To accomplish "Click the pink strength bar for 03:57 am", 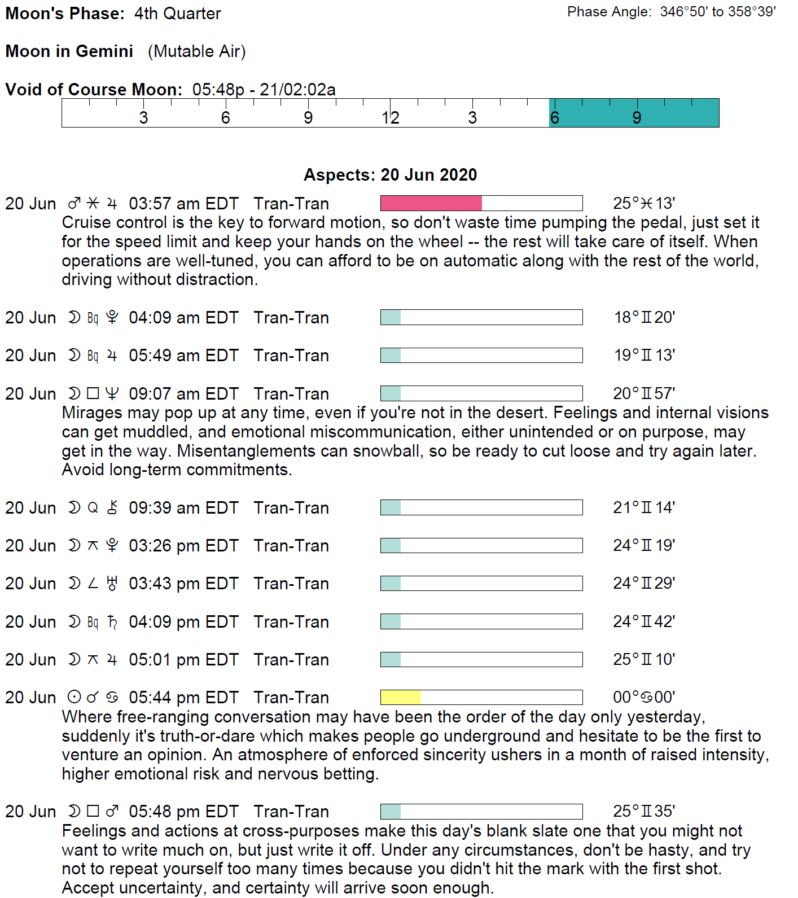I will (431, 203).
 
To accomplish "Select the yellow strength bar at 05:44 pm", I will (401, 698).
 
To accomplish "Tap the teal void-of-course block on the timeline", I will (634, 113).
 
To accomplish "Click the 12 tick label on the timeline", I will (390, 118).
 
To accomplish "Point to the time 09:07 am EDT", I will (183, 394).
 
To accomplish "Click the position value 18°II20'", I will (644, 318).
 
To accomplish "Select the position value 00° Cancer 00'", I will (644, 698).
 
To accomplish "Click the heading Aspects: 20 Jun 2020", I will (390, 175).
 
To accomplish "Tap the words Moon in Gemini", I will (69, 51).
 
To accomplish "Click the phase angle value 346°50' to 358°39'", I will (718, 12).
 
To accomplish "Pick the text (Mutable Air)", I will (196, 51).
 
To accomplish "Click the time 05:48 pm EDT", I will (183, 812).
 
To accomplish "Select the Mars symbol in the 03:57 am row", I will (74, 203).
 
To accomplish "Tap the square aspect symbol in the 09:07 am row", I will (93, 393).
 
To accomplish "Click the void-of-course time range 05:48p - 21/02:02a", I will (264, 90).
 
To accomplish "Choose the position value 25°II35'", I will (644, 812).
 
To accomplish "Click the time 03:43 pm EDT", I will (183, 584).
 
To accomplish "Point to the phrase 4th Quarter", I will (177, 14).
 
